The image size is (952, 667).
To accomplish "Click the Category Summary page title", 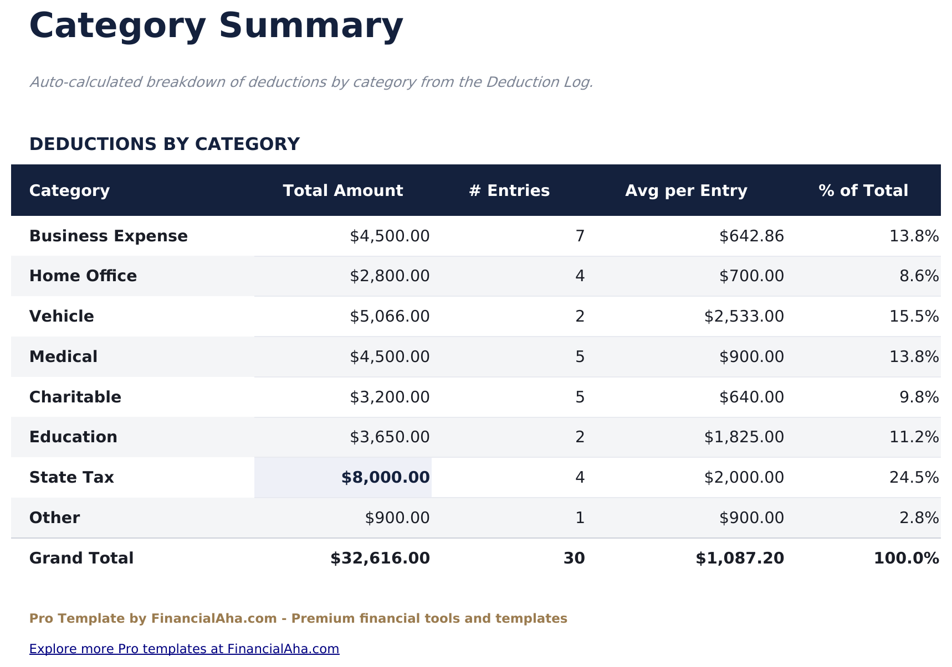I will pos(216,26).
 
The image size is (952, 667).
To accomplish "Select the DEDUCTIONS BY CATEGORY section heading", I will pos(165,144).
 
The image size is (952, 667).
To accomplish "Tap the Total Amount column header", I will pos(343,191).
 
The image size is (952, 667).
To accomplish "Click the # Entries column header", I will pos(509,191).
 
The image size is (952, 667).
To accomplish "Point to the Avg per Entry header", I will pos(686,191).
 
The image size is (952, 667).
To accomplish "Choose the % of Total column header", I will pos(863,191).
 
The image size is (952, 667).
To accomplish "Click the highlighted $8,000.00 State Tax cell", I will pos(385,478).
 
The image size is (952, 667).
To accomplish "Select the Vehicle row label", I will pos(62,317).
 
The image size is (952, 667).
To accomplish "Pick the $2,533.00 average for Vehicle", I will pos(744,317).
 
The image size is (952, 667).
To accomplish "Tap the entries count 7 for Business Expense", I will pos(580,236).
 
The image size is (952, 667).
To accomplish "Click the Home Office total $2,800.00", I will pos(390,276).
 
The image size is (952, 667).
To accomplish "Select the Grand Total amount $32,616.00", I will pos(380,559).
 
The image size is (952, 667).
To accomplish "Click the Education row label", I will pos(73,437).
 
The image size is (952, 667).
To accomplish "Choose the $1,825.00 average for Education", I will pos(744,437).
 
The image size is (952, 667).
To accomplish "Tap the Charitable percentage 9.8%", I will pos(919,397).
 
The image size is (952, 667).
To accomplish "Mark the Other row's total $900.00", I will pos(397,518).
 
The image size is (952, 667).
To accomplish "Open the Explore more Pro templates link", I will pos(184,649).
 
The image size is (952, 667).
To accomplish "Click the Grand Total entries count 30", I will pos(574,559).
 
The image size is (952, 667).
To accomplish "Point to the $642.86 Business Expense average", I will pos(751,236).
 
